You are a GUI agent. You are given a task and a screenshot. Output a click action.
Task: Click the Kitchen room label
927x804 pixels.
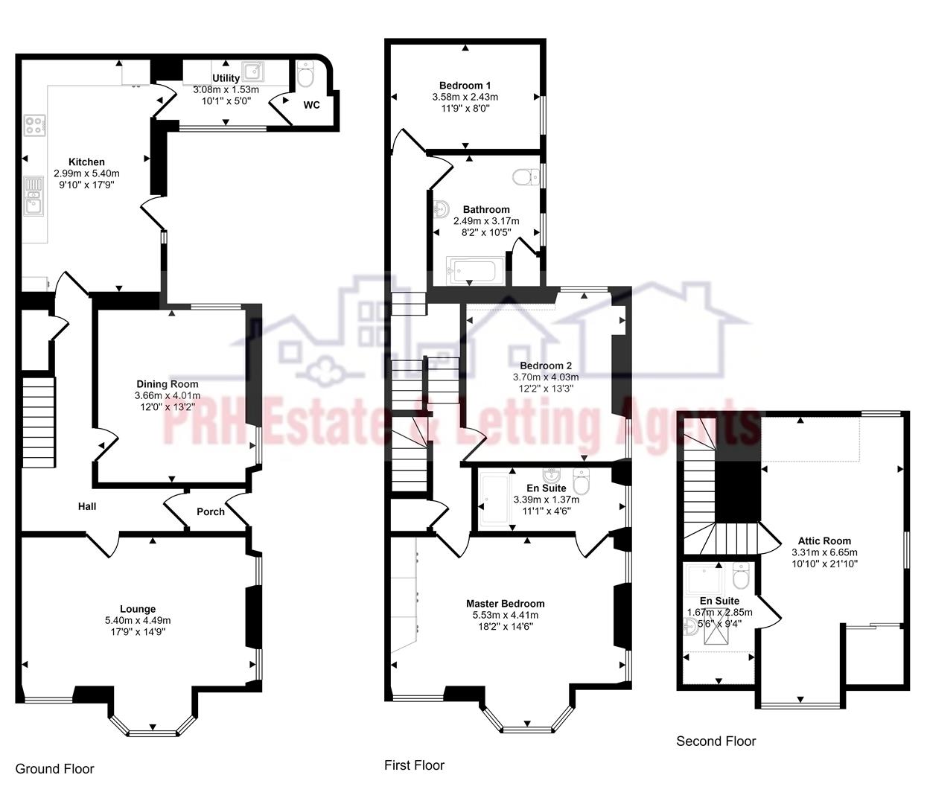point(86,162)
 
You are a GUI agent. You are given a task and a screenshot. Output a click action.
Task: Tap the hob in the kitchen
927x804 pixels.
point(34,125)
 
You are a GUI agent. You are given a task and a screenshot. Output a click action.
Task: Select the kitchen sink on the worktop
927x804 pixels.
point(34,196)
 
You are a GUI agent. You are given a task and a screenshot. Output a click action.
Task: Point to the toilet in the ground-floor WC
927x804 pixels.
point(305,74)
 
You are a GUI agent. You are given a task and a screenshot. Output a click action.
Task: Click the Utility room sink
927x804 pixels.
point(255,72)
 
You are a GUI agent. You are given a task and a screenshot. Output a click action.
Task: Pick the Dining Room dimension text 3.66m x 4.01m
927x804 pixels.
point(167,395)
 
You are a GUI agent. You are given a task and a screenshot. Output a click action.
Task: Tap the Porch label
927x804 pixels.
point(210,511)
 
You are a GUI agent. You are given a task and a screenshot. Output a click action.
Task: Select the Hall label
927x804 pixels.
point(87,506)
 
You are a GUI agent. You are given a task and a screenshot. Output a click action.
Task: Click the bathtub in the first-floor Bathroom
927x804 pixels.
point(476,271)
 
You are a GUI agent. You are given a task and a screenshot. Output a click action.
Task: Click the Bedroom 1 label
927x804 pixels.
point(465,86)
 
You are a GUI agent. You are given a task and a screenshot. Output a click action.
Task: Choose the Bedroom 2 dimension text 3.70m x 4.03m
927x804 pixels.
point(545,377)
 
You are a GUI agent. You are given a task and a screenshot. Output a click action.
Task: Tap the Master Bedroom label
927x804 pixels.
point(505,604)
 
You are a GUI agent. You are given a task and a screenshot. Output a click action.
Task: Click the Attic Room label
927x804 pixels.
point(824,541)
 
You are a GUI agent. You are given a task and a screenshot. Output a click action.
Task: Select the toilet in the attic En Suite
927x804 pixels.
point(740,575)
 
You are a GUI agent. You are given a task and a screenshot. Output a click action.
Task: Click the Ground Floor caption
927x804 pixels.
point(55,768)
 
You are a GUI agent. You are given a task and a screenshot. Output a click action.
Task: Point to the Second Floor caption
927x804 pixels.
point(716,741)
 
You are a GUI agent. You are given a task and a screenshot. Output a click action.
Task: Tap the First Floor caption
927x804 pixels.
point(414,765)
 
